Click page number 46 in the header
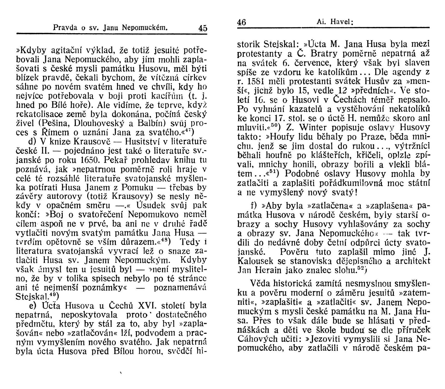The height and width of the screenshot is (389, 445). [242, 22]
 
